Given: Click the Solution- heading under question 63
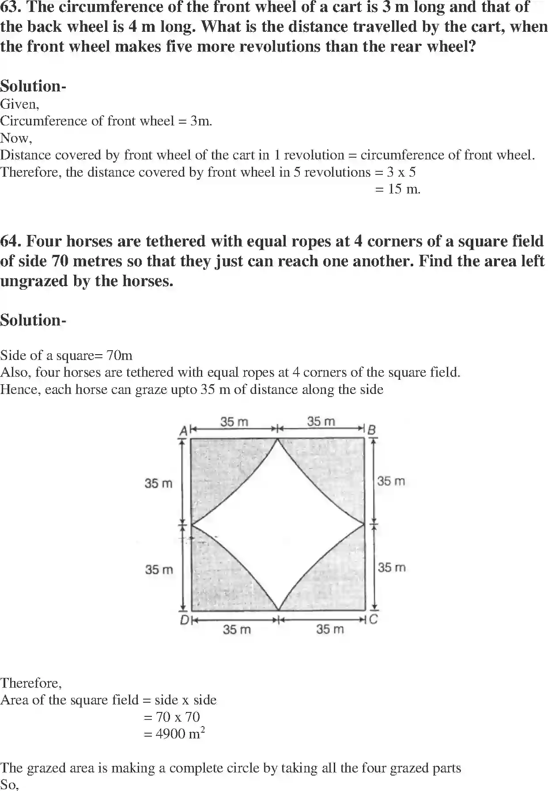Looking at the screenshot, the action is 33,86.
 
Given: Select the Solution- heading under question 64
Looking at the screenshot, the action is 33,320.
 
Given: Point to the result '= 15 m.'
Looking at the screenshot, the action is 397,189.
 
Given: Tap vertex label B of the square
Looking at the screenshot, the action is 372,430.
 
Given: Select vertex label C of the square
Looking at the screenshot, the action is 373,619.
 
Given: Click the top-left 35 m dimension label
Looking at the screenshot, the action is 234,422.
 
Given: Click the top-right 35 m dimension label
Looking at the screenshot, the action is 321,422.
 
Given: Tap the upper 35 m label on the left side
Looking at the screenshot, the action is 159,483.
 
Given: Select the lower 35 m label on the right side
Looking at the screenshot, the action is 391,568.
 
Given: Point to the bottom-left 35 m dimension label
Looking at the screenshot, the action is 237,629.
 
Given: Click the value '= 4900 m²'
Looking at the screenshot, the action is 174,734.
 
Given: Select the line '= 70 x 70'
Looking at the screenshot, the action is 172,717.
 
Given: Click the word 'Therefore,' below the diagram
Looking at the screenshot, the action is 31,683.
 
